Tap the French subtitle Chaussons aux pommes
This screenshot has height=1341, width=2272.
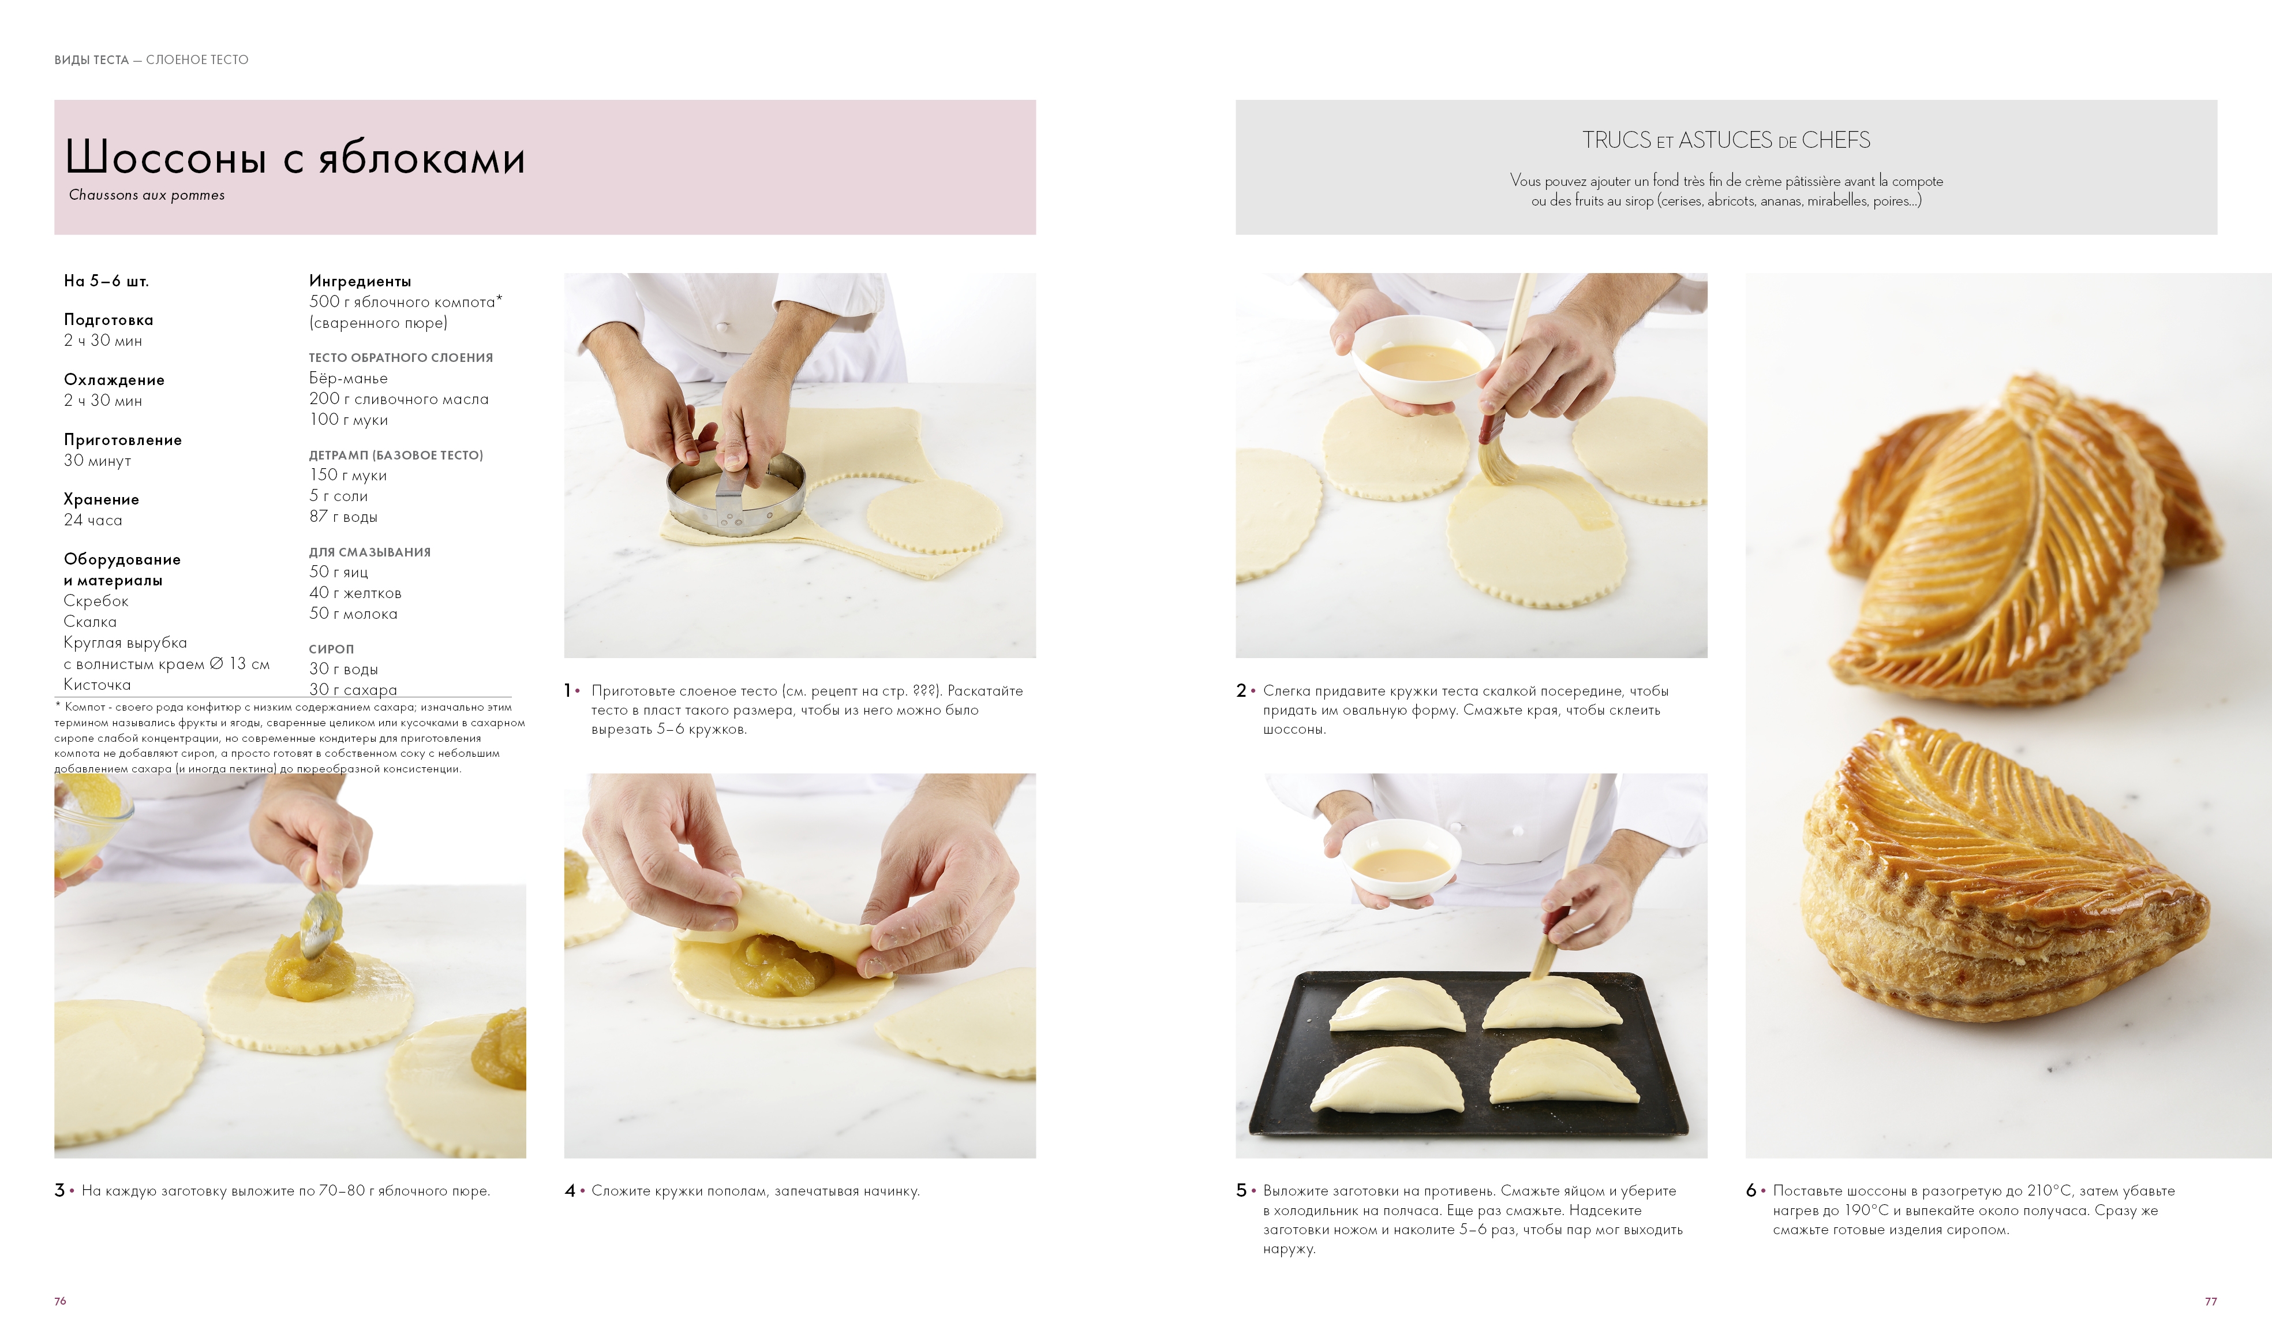point(147,195)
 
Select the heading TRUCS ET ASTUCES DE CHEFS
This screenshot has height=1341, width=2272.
point(1725,140)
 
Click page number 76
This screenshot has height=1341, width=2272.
point(61,1301)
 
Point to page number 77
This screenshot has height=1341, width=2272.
point(2211,1301)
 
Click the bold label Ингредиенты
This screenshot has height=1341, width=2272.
point(360,281)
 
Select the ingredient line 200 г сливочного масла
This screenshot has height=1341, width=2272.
point(398,398)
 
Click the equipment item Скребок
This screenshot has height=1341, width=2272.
point(96,601)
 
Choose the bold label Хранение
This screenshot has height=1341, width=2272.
point(101,500)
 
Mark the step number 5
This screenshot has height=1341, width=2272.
point(1241,1190)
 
